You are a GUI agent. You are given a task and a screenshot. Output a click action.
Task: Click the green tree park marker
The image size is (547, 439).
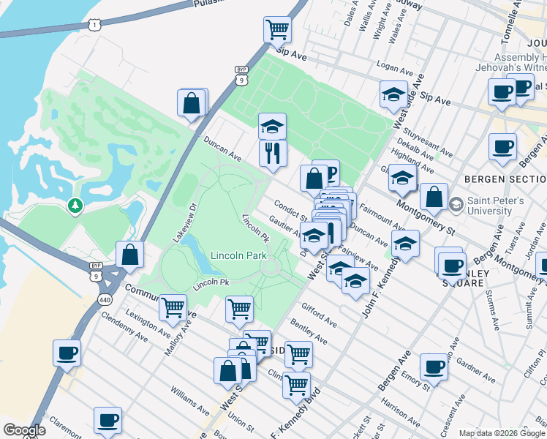point(75,206)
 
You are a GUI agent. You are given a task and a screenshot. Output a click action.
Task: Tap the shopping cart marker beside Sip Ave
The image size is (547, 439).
point(277,30)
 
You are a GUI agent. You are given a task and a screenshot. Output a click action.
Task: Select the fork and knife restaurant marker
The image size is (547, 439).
point(273,153)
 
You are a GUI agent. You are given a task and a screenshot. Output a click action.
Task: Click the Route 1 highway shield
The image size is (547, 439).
point(94,25)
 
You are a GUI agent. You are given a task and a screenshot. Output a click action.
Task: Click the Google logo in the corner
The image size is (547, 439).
point(24,430)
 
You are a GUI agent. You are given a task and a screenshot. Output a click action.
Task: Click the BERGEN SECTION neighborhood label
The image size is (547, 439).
point(505,179)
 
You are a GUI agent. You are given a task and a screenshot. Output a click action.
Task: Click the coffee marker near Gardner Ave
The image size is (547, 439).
point(434,367)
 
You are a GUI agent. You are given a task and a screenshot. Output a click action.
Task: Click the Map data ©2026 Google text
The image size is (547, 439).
point(501,433)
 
